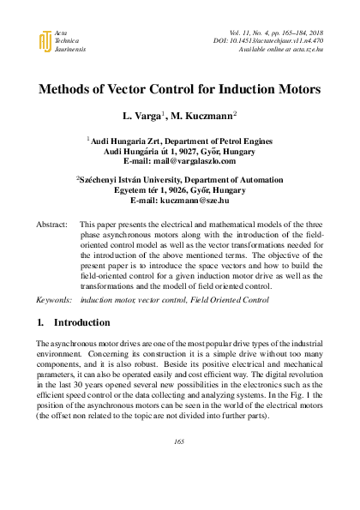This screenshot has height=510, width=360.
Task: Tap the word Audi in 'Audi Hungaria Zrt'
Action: (x=101, y=139)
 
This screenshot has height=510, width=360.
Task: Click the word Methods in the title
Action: (x=69, y=88)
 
